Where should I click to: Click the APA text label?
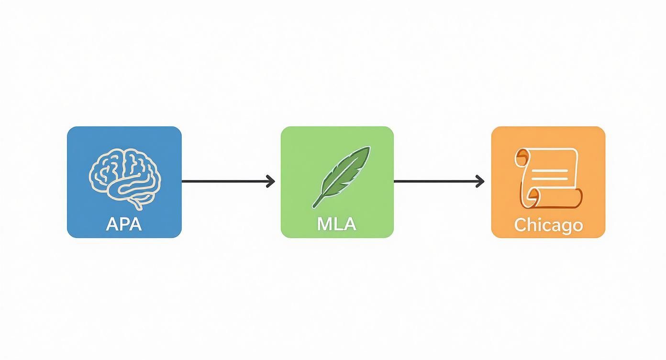pyautogui.click(x=124, y=225)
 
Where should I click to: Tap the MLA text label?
pyautogui.click(x=336, y=225)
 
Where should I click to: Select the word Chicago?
pyautogui.click(x=549, y=225)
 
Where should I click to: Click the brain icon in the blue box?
pyautogui.click(x=125, y=179)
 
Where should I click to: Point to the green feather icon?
pyautogui.click(x=341, y=177)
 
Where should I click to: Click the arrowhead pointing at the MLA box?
pyautogui.click(x=271, y=181)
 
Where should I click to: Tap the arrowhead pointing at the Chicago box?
pyautogui.click(x=480, y=181)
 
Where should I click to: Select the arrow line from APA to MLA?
pyautogui.click(x=228, y=181)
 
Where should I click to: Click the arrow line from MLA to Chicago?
pyautogui.click(x=439, y=181)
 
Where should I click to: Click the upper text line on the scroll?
pyautogui.click(x=550, y=171)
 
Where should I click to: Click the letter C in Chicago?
pyautogui.click(x=521, y=225)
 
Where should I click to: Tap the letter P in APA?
pyautogui.click(x=124, y=225)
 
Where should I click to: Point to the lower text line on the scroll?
pyautogui.click(x=550, y=179)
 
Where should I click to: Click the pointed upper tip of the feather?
pyautogui.click(x=369, y=147)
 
